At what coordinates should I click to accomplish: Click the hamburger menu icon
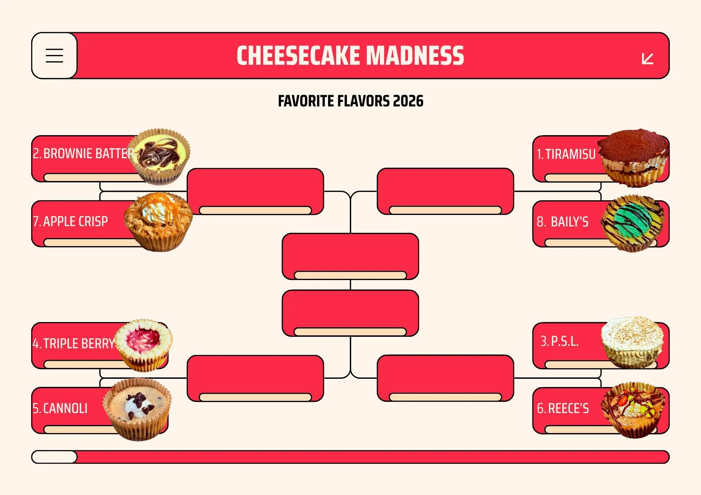click(x=54, y=56)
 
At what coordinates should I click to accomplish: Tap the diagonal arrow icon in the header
click(x=647, y=58)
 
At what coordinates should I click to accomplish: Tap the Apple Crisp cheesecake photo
click(x=158, y=221)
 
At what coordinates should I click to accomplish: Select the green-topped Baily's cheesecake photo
click(x=633, y=223)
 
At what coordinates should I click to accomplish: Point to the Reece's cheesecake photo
click(x=633, y=410)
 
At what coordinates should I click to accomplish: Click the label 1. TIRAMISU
click(x=566, y=154)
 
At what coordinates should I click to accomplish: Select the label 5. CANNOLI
click(x=60, y=409)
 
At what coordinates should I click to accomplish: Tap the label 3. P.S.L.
click(x=559, y=341)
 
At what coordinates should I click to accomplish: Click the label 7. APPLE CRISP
click(x=70, y=222)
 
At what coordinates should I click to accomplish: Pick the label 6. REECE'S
click(x=563, y=409)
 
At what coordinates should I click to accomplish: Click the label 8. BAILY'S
click(x=563, y=222)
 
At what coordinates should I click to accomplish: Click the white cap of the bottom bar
click(x=54, y=457)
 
